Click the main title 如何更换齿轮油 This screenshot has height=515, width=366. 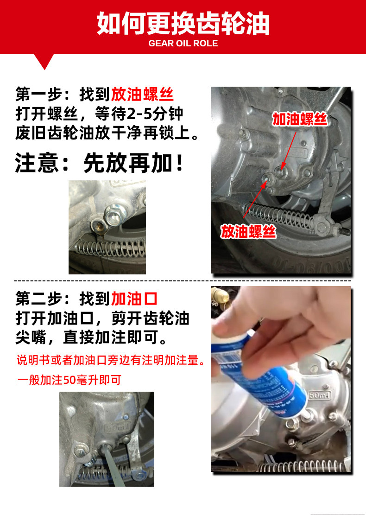pos(183,23)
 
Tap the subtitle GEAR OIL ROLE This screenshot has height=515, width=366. pos(183,44)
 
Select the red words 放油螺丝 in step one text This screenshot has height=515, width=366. pos(142,95)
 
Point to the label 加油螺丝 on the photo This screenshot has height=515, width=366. pos(300,119)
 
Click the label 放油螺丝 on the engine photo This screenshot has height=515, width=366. pos(248,232)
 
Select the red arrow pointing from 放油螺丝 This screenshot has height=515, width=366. pos(255,199)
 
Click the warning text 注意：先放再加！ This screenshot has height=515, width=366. pos(99,163)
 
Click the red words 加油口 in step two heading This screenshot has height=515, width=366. pos(134,299)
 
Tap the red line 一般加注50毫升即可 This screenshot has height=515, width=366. pos(69,380)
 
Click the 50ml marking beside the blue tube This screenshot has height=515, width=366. pos(319,395)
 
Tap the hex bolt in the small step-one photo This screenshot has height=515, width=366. pos(114,216)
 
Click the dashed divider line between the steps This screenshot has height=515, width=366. pos(183,281)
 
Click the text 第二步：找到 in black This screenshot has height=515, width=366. pos(63,299)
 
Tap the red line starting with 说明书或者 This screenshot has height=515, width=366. pos(111,360)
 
